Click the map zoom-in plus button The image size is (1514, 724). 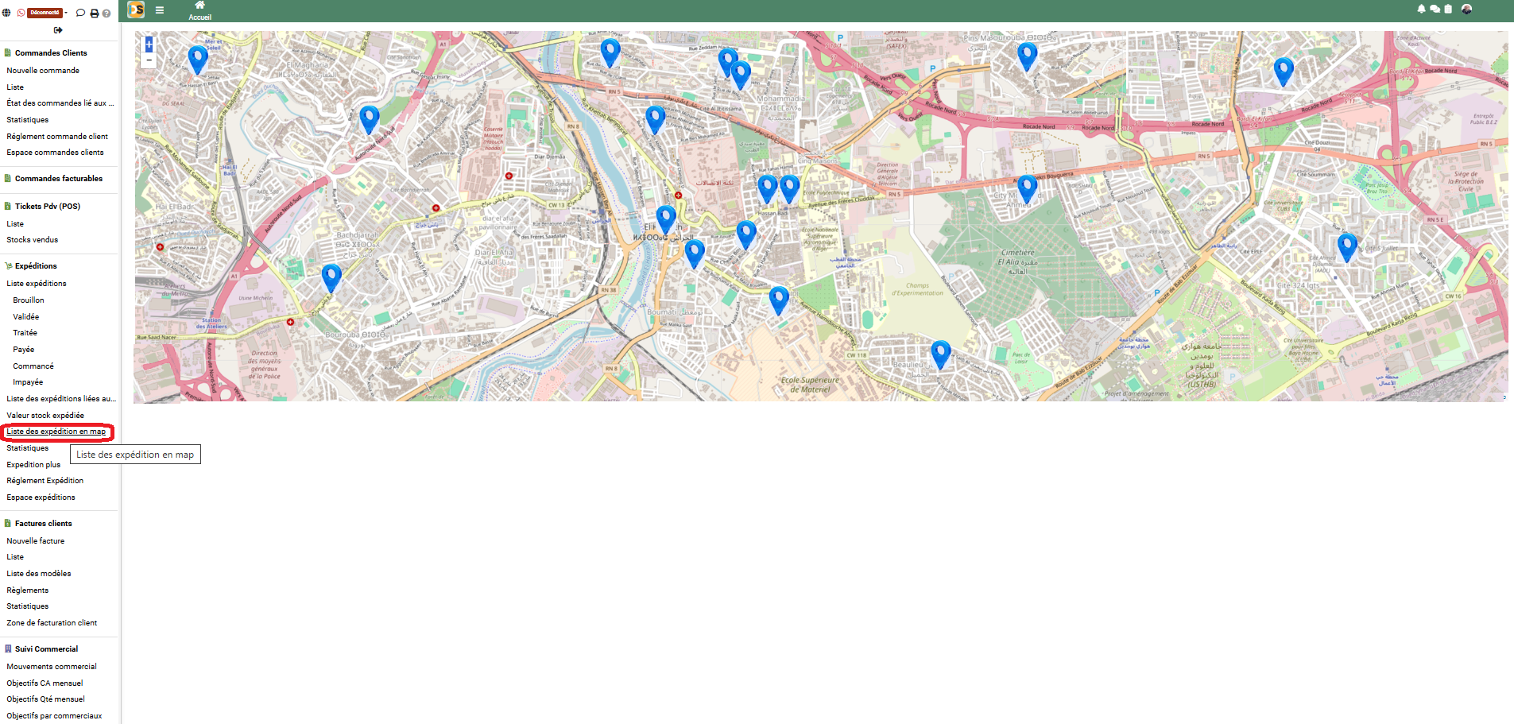point(149,45)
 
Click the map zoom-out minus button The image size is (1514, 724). point(149,60)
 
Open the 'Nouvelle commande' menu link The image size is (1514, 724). point(43,71)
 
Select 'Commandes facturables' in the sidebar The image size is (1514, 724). point(58,179)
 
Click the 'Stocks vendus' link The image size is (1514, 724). point(33,240)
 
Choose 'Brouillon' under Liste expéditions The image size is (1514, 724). point(29,300)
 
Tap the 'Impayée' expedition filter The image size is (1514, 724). point(28,382)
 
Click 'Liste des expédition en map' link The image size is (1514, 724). point(56,432)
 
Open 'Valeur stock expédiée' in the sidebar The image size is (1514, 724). point(45,416)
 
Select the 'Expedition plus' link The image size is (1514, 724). point(33,465)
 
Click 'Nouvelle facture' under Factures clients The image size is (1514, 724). point(36,541)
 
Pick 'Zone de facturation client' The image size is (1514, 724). point(52,623)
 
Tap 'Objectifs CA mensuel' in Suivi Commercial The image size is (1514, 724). point(45,683)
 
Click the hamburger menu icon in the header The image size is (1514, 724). point(160,10)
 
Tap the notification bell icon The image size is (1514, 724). point(1421,9)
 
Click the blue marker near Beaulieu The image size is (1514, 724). point(940,353)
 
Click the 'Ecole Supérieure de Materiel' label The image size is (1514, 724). point(810,385)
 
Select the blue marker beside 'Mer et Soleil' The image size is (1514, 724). point(197,57)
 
